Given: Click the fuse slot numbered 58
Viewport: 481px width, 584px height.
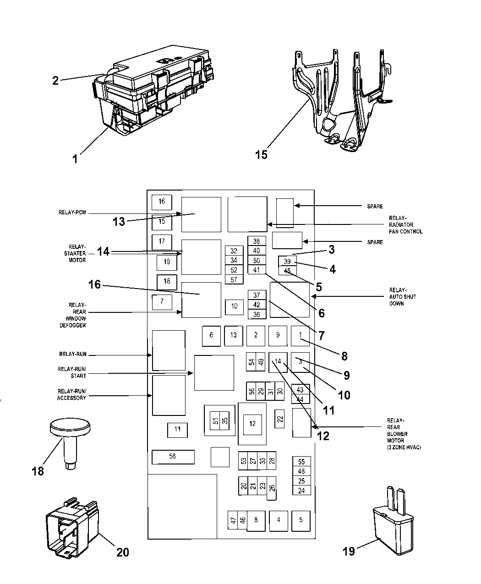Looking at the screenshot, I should (173, 457).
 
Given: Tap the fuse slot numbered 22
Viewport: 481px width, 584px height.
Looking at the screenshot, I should (280, 418).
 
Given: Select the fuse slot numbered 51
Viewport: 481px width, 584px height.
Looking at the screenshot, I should (215, 421).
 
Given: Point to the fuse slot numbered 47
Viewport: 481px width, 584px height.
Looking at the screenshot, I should (233, 520).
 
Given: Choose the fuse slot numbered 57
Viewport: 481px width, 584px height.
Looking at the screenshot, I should (234, 279).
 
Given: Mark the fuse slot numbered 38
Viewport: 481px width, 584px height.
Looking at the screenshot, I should (256, 241).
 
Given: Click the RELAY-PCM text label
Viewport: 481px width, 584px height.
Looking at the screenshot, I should (72, 213).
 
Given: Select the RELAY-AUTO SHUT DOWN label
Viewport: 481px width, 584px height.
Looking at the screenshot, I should (397, 297).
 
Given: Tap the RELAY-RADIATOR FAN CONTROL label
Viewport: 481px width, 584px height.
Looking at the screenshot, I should (405, 225).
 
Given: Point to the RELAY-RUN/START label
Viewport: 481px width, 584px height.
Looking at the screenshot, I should (72, 372).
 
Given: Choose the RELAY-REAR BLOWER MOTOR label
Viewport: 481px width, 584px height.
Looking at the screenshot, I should (397, 434).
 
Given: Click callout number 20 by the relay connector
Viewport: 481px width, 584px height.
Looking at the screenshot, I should (123, 552).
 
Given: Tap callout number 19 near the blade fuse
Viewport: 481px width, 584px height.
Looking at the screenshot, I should (349, 551).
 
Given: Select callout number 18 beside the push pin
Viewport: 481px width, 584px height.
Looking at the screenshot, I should (38, 471).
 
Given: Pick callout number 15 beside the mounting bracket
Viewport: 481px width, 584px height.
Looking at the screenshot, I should (261, 154).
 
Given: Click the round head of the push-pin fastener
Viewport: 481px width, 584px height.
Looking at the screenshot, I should (68, 429).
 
